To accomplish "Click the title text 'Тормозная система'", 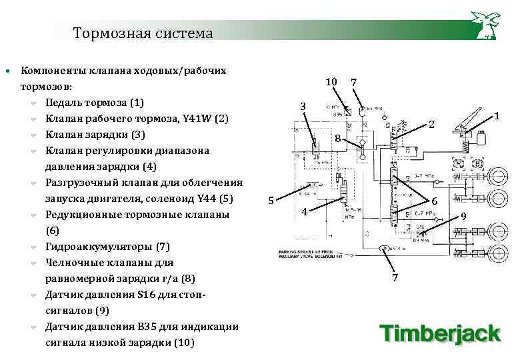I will [143, 33].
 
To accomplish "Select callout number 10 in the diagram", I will [331, 82].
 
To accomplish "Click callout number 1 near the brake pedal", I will [497, 116].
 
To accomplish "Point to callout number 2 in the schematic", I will [432, 125].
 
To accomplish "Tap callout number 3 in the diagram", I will [303, 107].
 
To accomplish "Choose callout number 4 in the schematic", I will [303, 212].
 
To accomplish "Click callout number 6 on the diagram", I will [435, 201].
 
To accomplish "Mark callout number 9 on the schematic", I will [464, 217].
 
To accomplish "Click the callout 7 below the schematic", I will [395, 278].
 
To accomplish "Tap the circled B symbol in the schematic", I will [477, 163].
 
